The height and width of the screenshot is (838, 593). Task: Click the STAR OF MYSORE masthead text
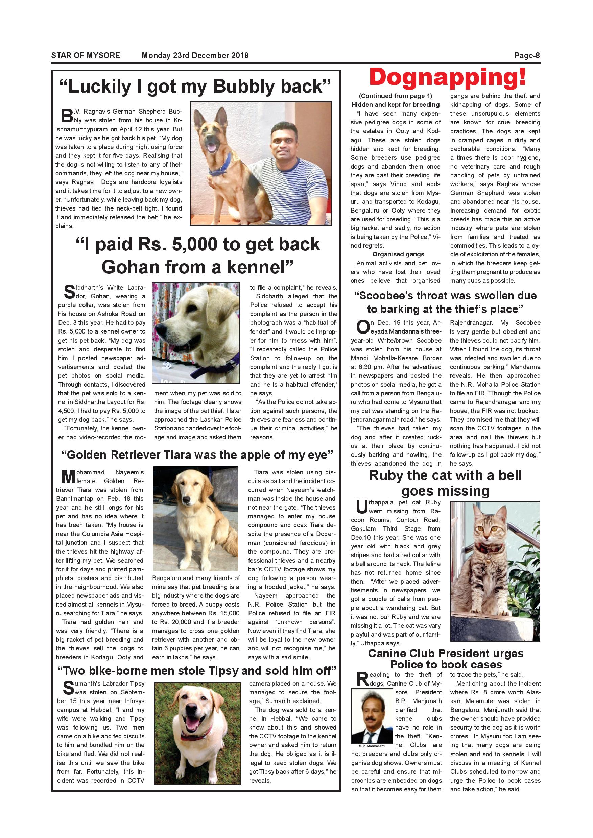click(x=86, y=55)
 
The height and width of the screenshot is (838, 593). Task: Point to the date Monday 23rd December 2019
click(x=195, y=55)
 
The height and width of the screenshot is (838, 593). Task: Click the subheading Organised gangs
click(x=398, y=254)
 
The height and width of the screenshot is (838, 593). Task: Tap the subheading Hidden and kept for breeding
click(x=396, y=105)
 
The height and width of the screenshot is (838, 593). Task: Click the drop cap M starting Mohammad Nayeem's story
click(x=68, y=476)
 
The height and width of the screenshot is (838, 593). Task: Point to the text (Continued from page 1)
click(x=396, y=96)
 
